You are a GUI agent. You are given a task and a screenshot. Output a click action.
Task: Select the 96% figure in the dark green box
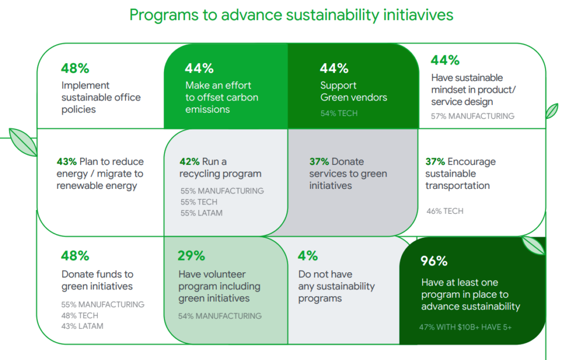click(x=434, y=261)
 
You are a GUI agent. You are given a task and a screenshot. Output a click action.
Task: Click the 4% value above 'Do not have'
click(x=308, y=256)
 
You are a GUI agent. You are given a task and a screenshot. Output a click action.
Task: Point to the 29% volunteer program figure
click(x=191, y=256)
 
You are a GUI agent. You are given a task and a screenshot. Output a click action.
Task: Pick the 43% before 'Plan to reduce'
click(x=67, y=162)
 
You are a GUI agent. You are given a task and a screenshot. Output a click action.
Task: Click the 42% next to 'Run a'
click(x=189, y=162)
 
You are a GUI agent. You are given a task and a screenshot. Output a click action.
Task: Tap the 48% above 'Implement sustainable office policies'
click(x=75, y=68)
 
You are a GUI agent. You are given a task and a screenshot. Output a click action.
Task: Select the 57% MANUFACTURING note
click(x=472, y=116)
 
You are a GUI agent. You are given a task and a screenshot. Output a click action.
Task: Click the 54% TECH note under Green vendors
click(x=339, y=113)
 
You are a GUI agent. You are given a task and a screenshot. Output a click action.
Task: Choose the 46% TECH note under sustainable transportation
click(x=445, y=211)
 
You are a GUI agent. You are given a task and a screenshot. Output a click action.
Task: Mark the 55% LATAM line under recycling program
click(x=201, y=213)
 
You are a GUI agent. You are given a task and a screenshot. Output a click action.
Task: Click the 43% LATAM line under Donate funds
click(x=82, y=326)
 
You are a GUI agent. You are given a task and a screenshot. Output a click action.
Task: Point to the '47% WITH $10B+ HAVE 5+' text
click(x=465, y=327)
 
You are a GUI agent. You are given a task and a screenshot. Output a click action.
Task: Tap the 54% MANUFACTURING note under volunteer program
click(x=219, y=316)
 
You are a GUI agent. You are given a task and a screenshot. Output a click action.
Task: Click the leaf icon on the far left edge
click(x=23, y=142)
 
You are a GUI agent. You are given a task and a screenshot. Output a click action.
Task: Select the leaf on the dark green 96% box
click(x=533, y=246)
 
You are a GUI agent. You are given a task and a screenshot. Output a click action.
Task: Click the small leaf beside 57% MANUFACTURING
click(x=552, y=111)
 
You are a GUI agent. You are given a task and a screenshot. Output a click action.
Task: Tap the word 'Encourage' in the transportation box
click(x=471, y=162)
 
